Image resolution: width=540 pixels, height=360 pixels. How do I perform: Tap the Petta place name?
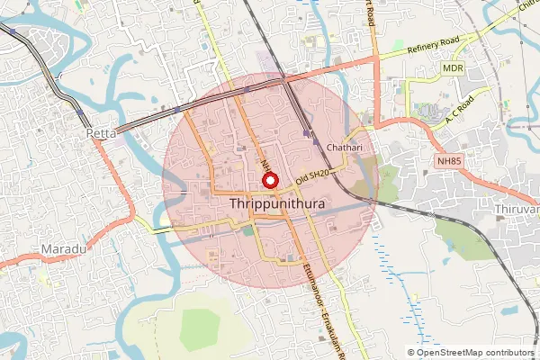[102, 133]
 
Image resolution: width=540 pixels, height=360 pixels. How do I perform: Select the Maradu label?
[61, 247]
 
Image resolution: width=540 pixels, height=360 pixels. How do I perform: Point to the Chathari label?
[346, 146]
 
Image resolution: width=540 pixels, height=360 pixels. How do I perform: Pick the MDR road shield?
[453, 67]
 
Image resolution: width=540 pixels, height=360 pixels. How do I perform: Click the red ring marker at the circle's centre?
[269, 180]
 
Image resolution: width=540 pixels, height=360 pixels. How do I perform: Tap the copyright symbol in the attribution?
[411, 353]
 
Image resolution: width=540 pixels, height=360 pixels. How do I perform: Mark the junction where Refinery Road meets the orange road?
[378, 57]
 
